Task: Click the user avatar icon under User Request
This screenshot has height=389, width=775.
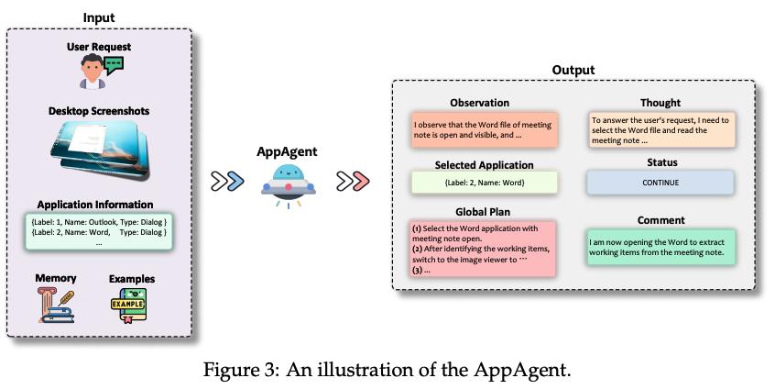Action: (x=93, y=72)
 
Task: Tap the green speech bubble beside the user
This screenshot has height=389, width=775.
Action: (x=115, y=65)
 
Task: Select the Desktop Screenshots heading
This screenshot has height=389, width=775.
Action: (x=99, y=111)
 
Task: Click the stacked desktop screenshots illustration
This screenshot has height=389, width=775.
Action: (x=99, y=149)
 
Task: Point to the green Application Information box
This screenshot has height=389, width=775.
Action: (x=99, y=231)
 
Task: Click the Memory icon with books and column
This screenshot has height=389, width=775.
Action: (x=55, y=306)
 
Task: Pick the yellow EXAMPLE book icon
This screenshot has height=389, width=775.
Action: (x=128, y=305)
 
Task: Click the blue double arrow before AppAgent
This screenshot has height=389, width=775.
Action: (x=227, y=181)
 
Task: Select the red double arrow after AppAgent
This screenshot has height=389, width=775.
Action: (x=353, y=181)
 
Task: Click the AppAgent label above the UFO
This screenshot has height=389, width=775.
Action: (x=287, y=152)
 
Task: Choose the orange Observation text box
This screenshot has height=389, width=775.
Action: (x=484, y=129)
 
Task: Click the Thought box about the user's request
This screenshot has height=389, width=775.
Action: (x=661, y=129)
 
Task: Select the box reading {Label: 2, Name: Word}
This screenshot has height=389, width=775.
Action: (x=484, y=183)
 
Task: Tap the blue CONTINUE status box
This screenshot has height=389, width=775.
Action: (x=660, y=183)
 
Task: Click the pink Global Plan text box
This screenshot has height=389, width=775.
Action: (x=483, y=249)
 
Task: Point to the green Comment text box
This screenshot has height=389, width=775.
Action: (x=660, y=247)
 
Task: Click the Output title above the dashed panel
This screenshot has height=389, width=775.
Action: (x=573, y=70)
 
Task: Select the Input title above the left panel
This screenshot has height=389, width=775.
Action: (x=99, y=17)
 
